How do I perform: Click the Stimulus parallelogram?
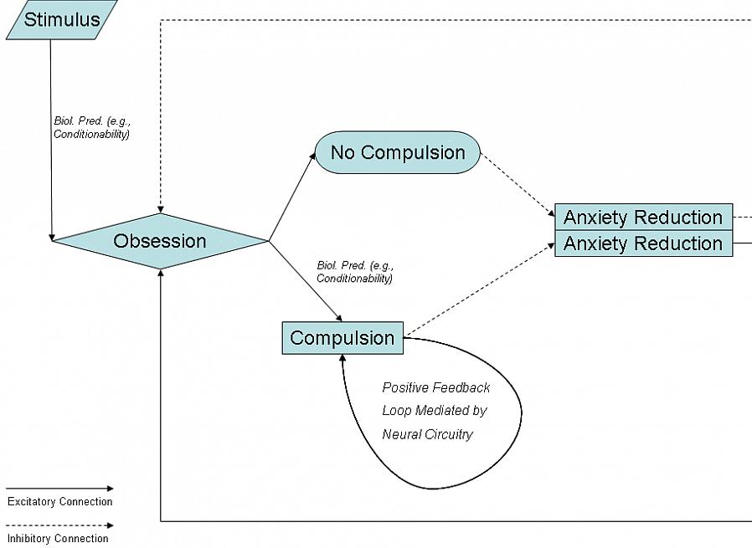62,20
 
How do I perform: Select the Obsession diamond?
160,241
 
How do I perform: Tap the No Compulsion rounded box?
397,152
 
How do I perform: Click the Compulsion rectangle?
342,338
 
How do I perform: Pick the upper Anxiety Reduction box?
643,217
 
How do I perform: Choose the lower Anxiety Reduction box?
643,243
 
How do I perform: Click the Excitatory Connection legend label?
59,502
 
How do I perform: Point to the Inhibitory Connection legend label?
58,539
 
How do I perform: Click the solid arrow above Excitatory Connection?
59,489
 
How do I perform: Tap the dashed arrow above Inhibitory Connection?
59,526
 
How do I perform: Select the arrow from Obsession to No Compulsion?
291,197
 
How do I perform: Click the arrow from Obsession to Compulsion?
306,282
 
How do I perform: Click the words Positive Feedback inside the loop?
436,388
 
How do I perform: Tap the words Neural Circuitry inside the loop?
427,434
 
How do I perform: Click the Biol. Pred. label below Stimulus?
92,127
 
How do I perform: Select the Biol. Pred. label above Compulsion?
354,272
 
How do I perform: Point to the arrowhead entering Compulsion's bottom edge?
343,358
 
